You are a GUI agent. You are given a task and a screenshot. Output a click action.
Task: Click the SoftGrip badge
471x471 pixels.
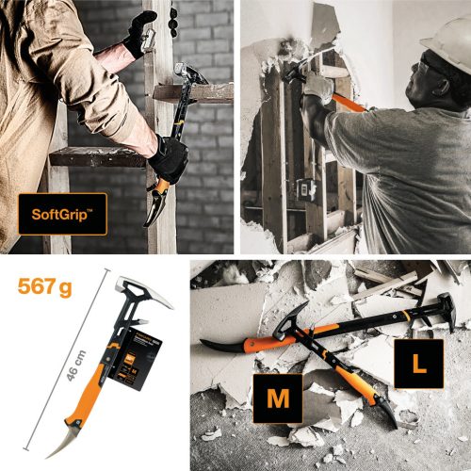pos(61,214)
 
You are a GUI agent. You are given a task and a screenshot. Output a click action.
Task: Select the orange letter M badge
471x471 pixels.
pos(277,398)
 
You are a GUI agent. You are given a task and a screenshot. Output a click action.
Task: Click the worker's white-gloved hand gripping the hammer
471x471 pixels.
pos(318,86)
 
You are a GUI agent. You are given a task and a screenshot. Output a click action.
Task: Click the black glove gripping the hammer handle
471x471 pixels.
pos(169,157)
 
